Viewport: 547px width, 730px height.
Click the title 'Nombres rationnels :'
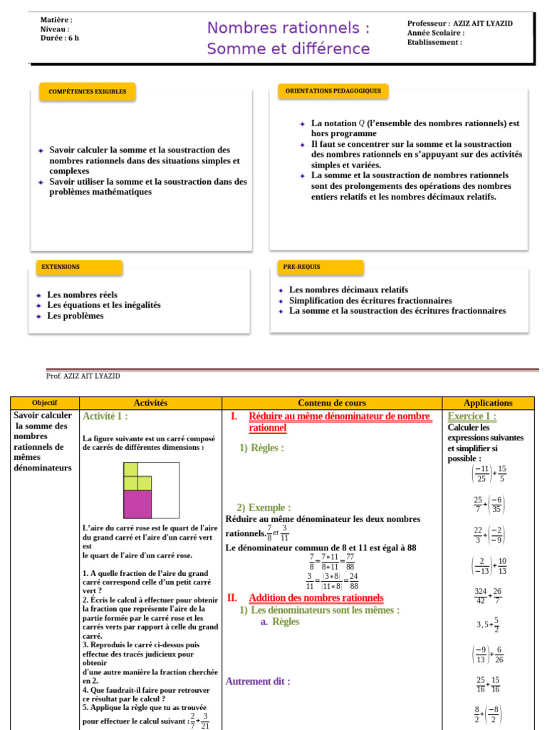(x=288, y=29)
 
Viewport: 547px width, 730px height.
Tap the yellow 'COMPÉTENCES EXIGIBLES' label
(x=87, y=92)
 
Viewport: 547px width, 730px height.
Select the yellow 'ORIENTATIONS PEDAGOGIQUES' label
(x=333, y=91)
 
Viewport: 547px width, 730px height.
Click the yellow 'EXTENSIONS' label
(x=61, y=267)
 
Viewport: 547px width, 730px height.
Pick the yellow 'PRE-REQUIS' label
(x=301, y=267)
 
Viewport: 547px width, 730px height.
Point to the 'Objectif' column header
(x=44, y=403)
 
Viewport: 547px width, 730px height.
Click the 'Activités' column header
(x=150, y=403)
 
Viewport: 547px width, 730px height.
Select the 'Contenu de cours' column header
(x=331, y=403)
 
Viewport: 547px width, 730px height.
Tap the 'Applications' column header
(x=488, y=403)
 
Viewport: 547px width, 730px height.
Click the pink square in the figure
(x=137, y=504)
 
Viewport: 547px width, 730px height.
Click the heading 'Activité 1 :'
(x=105, y=416)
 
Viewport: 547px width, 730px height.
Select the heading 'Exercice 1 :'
(x=472, y=416)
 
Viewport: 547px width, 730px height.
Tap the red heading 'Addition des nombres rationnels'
(x=316, y=598)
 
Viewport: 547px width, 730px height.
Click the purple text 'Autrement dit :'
(x=258, y=682)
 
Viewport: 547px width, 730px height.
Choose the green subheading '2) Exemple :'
(x=264, y=508)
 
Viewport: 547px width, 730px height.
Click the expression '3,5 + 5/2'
(x=488, y=624)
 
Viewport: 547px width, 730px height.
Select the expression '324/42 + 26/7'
(x=488, y=595)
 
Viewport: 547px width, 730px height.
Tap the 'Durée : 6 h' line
(x=60, y=38)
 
